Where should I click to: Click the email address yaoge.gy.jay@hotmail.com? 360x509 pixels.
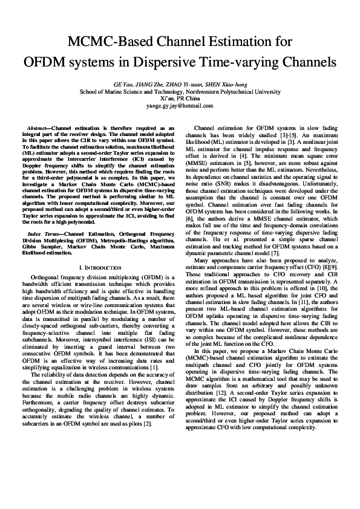tap(180, 106)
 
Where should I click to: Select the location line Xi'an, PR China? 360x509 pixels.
tap(180, 99)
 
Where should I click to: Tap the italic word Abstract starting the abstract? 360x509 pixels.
tap(39, 128)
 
